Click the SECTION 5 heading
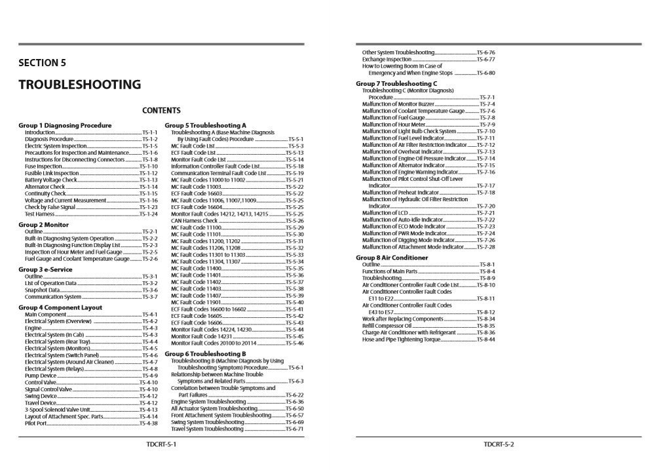[x=42, y=64]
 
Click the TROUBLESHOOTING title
[x=79, y=85]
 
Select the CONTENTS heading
[x=161, y=111]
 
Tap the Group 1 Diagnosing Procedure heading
[x=65, y=125]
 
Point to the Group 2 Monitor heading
[x=43, y=225]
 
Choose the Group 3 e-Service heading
[x=46, y=269]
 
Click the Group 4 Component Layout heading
[x=60, y=307]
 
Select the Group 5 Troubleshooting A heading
[x=205, y=125]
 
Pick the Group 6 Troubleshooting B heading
[x=205, y=354]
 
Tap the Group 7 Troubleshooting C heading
[x=396, y=84]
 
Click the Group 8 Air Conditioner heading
[x=392, y=258]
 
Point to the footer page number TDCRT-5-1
[x=161, y=444]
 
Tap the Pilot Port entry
[x=36, y=423]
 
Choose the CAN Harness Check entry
[x=195, y=221]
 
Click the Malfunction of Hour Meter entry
[x=394, y=125]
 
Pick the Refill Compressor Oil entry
[x=387, y=326]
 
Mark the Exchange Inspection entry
[x=387, y=59]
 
